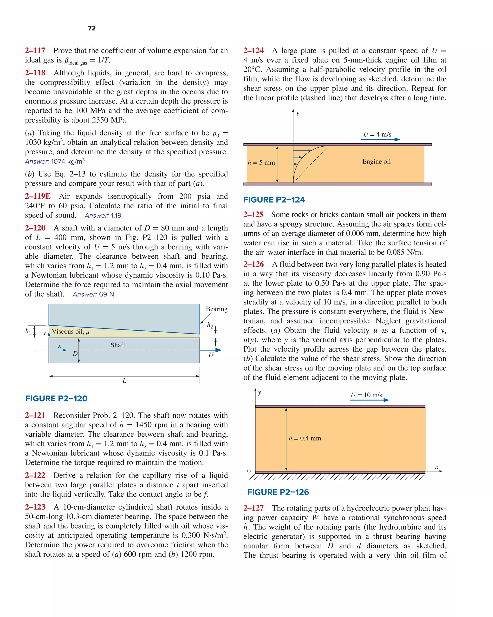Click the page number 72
click(x=91, y=28)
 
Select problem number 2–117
click(x=35, y=51)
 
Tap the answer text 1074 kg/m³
click(x=68, y=161)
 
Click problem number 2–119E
click(x=38, y=196)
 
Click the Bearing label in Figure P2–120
click(x=216, y=309)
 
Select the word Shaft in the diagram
click(x=118, y=345)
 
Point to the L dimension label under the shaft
click(x=124, y=381)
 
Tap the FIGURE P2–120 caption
click(x=56, y=398)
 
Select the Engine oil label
click(x=376, y=162)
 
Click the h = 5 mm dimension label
click(x=261, y=163)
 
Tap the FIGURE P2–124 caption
click(x=274, y=200)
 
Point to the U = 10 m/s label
click(x=366, y=395)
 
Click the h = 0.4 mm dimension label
click(x=305, y=438)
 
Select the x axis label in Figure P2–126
click(x=437, y=467)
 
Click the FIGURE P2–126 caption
click(x=278, y=492)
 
